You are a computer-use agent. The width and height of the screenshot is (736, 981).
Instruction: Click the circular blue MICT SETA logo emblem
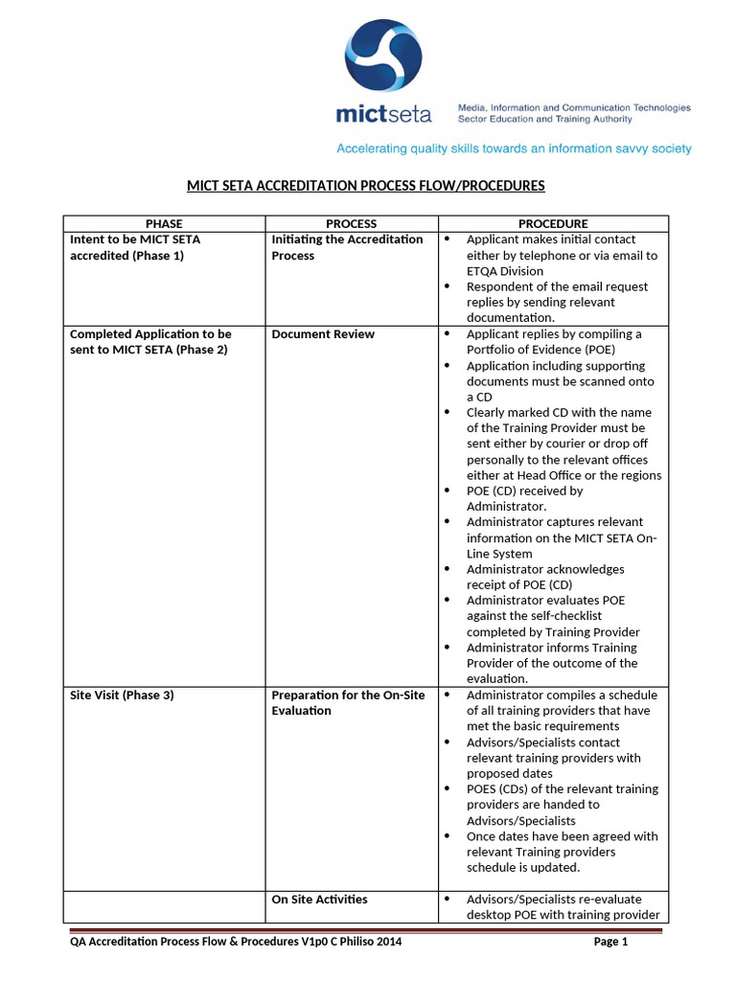click(x=383, y=58)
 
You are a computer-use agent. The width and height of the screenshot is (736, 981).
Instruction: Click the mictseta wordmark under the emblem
click(x=383, y=115)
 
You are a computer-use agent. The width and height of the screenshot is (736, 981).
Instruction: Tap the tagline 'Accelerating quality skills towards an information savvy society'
click(x=513, y=148)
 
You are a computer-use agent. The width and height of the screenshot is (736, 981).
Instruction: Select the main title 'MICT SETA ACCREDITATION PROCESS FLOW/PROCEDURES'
click(x=365, y=185)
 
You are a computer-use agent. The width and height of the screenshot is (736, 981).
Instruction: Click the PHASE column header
click(x=163, y=223)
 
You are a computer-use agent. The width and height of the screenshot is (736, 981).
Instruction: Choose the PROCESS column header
click(x=352, y=223)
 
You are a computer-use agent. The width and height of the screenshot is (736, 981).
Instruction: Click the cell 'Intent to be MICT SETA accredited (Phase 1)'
click(x=136, y=247)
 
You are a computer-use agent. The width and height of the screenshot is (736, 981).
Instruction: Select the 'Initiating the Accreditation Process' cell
click(x=347, y=247)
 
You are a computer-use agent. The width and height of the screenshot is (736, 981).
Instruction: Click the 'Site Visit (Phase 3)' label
click(x=123, y=696)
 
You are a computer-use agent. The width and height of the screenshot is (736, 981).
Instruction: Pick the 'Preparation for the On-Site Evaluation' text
click(x=348, y=703)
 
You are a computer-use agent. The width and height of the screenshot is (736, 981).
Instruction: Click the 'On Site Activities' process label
click(x=319, y=900)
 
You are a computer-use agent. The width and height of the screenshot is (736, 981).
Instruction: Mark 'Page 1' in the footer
click(x=610, y=942)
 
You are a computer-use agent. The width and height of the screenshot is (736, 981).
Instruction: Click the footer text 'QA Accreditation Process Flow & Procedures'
click(x=201, y=942)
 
